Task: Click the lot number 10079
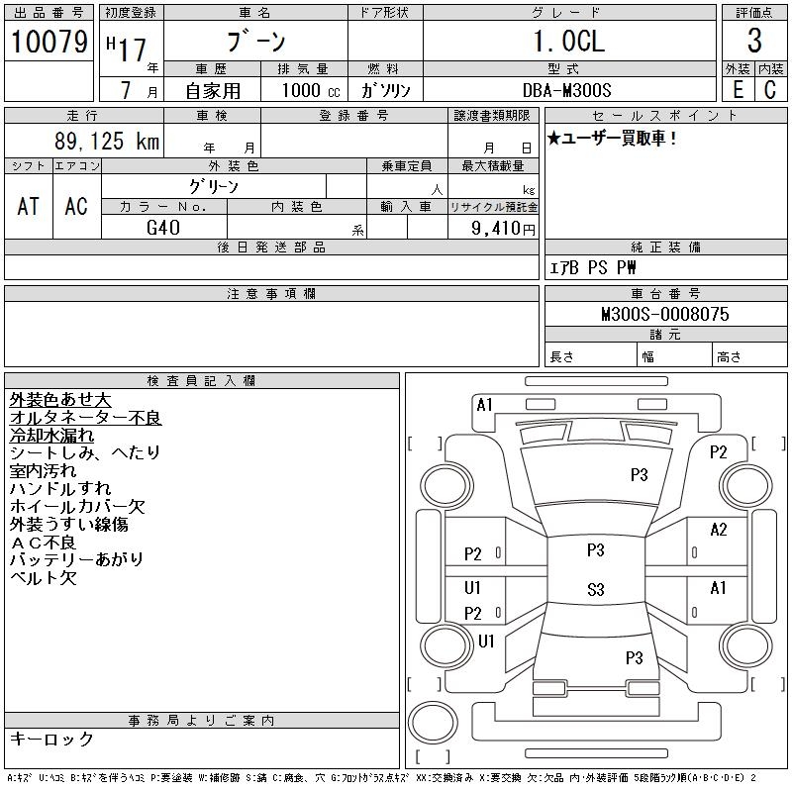pos(49,42)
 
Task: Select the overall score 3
pos(754,42)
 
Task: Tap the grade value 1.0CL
pos(568,42)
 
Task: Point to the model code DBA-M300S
pos(568,89)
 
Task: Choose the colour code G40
pos(163,228)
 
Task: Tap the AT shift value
pos(29,206)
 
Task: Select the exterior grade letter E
pos(737,89)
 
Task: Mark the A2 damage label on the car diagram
pos(719,530)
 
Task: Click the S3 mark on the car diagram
pos(595,590)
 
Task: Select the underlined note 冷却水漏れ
pos(51,436)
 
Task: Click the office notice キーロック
pos(51,739)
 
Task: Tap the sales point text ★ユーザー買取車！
pos(612,139)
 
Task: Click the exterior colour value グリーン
pos(214,186)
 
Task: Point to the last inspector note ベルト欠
pos(43,578)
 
